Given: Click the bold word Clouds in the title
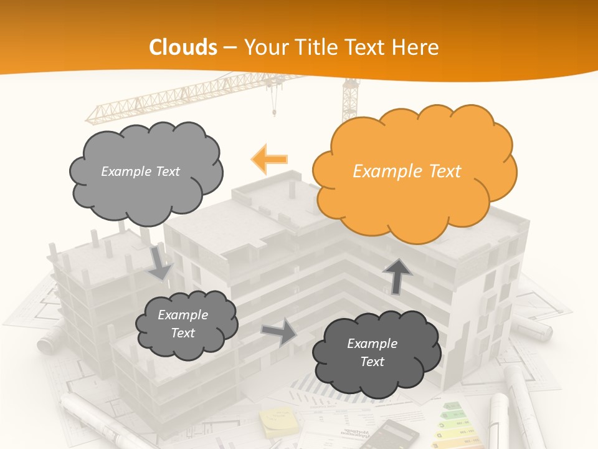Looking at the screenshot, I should coord(183,47).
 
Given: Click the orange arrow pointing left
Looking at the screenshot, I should coord(269,159).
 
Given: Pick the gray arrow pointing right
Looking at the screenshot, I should coord(280,332).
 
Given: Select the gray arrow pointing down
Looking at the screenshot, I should coord(159,264).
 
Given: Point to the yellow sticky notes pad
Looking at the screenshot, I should coord(278,423).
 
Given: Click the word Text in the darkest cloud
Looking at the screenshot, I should coord(373,362).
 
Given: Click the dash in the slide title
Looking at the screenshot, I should coord(230,47).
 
